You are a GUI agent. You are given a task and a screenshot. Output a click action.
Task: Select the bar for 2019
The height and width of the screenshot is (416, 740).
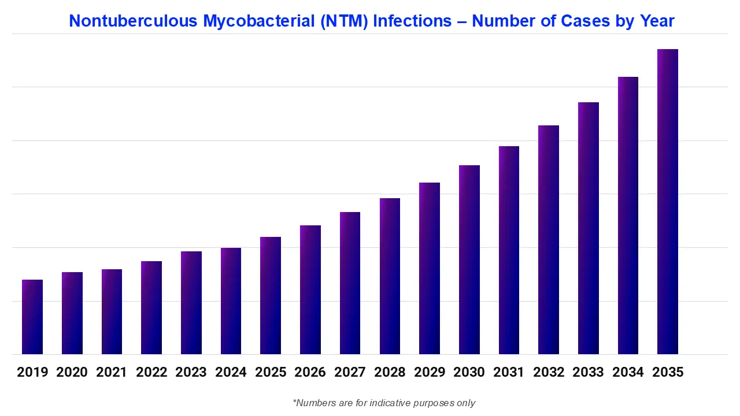click(32, 317)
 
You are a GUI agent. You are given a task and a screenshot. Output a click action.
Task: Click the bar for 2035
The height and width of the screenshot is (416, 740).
click(668, 202)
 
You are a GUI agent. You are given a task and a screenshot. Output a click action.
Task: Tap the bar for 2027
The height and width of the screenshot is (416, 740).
click(350, 283)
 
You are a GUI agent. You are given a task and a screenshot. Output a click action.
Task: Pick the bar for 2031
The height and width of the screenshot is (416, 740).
click(509, 250)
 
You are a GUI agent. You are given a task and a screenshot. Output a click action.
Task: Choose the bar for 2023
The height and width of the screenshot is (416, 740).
click(191, 303)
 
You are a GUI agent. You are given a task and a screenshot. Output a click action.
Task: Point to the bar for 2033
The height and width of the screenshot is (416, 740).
click(589, 228)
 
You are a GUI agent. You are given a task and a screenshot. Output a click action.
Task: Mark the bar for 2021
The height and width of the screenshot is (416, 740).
click(112, 311)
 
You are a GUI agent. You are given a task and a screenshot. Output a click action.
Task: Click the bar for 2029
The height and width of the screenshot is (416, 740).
click(430, 268)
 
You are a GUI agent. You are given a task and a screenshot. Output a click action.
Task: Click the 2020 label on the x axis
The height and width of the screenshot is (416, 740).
click(72, 373)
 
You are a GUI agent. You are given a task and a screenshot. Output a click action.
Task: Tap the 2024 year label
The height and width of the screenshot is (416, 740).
click(231, 373)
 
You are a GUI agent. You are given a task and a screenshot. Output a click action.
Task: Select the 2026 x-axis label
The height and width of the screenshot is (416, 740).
click(310, 373)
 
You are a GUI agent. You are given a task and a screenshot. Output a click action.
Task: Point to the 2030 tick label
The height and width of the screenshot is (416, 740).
click(469, 373)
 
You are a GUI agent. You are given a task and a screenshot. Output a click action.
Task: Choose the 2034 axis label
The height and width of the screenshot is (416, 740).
click(628, 373)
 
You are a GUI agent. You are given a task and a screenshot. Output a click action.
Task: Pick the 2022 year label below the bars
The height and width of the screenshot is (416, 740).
click(151, 373)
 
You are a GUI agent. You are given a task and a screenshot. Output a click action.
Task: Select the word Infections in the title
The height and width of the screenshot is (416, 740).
click(412, 21)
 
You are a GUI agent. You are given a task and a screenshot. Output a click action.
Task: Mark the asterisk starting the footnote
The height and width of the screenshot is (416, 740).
click(295, 402)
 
